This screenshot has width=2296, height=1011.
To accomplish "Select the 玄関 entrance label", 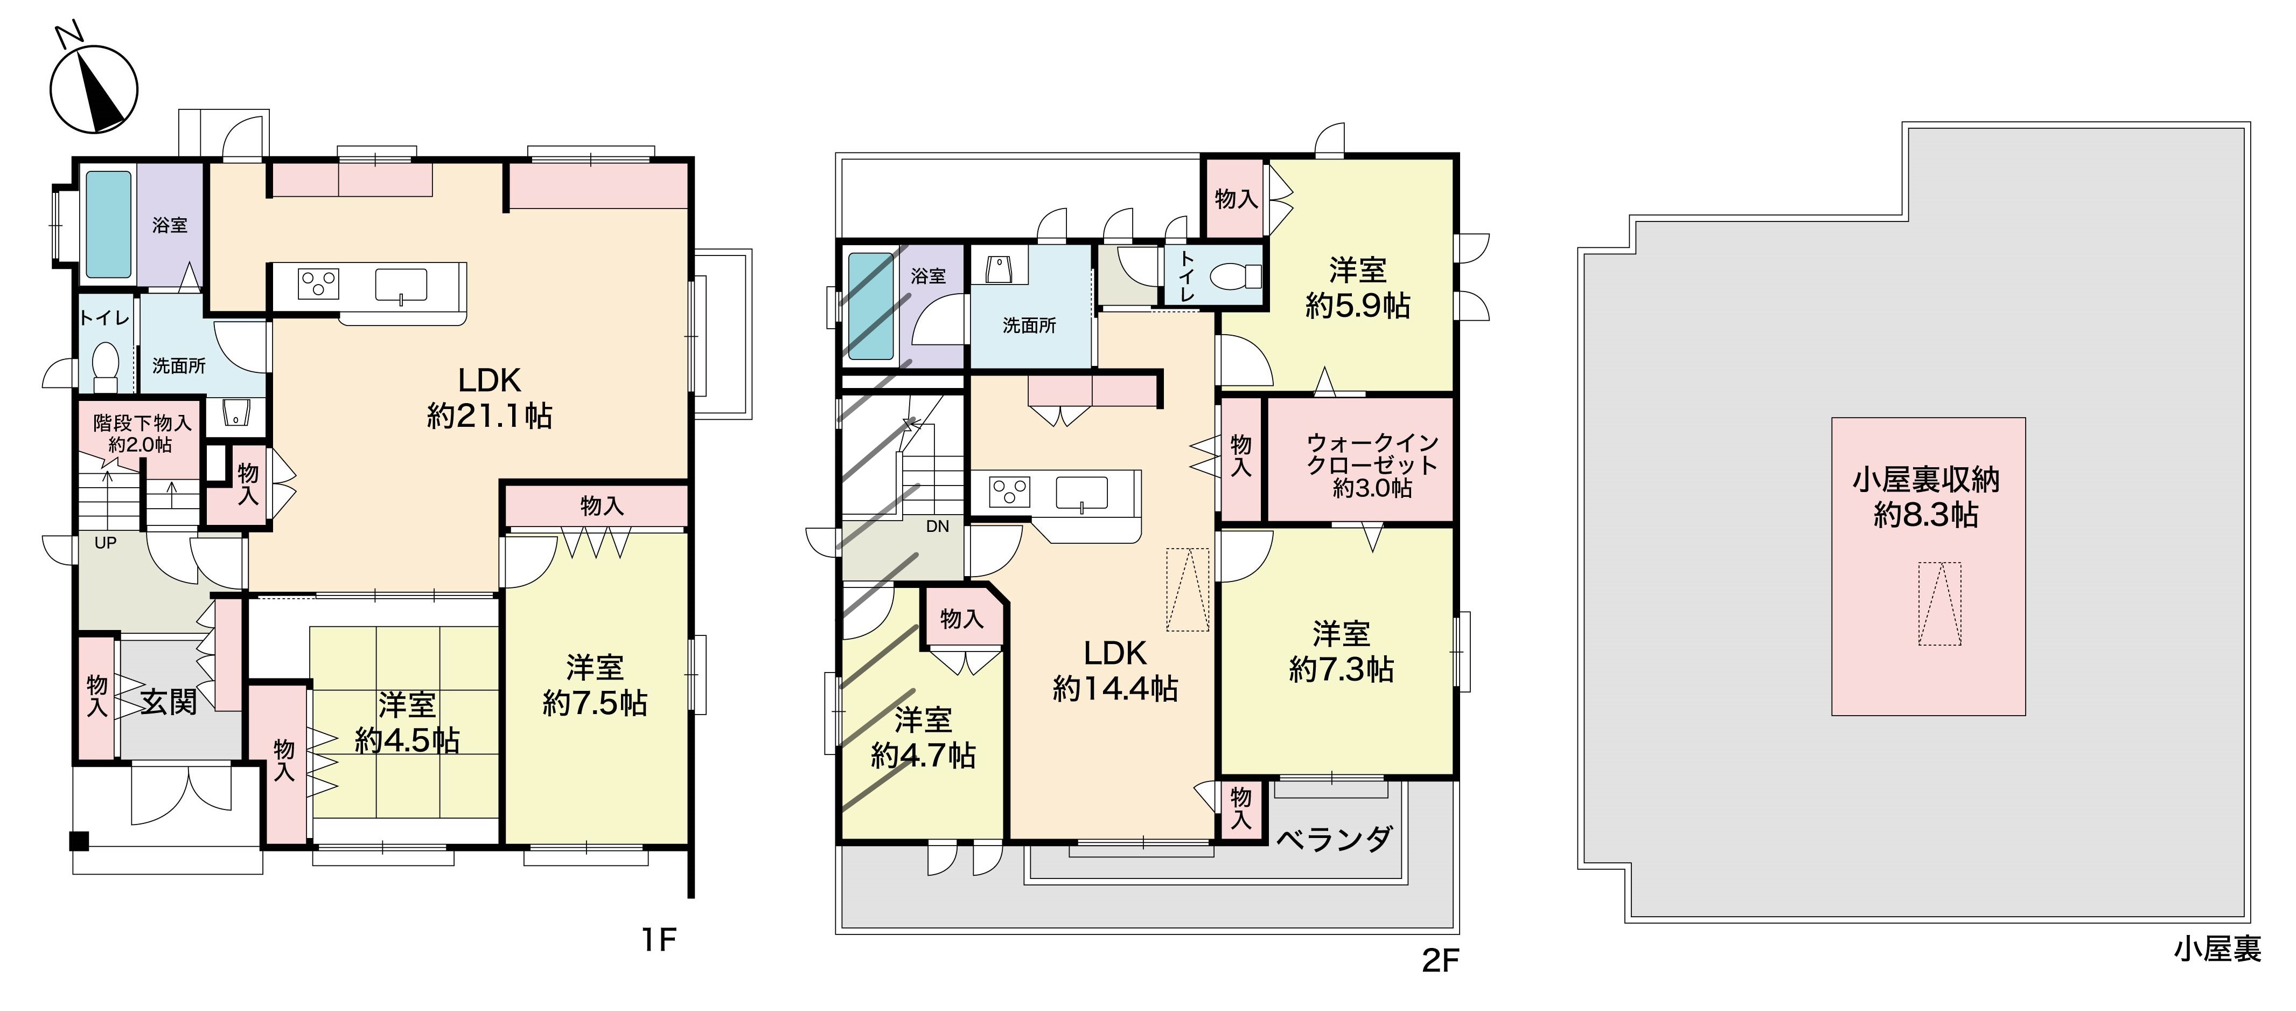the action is tap(169, 703).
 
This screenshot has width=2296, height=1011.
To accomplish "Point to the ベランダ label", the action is tap(1334, 839).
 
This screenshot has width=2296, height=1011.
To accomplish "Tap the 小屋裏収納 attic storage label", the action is tap(1926, 480).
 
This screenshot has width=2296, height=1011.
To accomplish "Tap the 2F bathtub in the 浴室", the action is tap(871, 306).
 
